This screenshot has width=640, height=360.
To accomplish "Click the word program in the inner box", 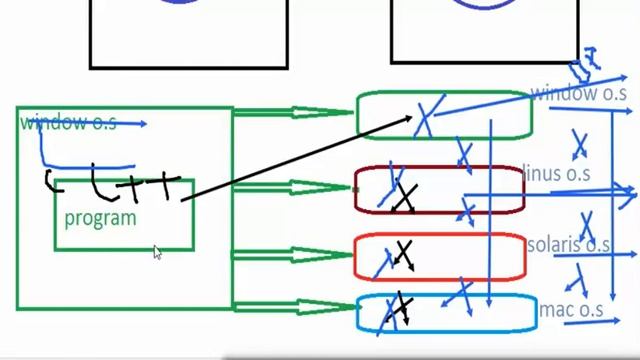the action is (100, 218).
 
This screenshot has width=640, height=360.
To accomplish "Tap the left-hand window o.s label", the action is (68, 123).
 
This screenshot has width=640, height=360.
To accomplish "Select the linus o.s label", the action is (557, 174).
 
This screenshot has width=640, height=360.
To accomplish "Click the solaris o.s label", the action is (568, 244).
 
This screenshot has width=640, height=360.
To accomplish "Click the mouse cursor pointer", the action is (157, 252).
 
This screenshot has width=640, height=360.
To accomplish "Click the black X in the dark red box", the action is (403, 197).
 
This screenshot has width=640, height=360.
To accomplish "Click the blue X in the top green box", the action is (427, 118).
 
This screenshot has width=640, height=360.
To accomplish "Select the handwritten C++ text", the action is (115, 185).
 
